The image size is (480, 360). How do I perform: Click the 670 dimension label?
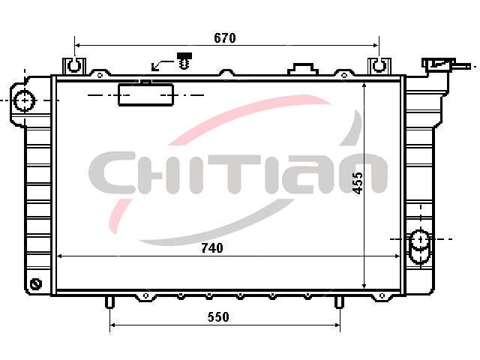click(x=225, y=38)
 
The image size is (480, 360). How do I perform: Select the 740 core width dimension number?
click(x=212, y=248)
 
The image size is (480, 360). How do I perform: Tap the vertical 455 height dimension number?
click(x=358, y=183)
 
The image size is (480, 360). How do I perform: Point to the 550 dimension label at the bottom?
click(x=218, y=316)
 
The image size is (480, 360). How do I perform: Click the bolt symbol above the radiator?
click(x=184, y=61)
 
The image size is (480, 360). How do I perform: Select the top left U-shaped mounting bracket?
click(x=74, y=65)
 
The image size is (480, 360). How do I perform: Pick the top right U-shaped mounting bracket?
click(x=379, y=65)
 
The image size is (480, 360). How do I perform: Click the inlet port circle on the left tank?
click(x=25, y=100)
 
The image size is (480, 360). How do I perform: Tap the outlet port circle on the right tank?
click(x=421, y=239)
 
